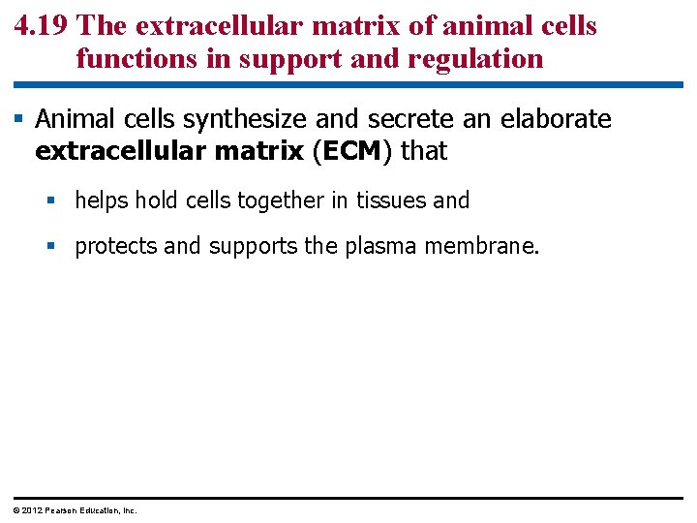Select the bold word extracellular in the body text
click(116, 152)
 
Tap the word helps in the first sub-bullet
click(102, 200)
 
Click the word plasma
click(376, 246)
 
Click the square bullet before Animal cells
click(19, 120)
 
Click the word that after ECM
click(424, 152)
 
